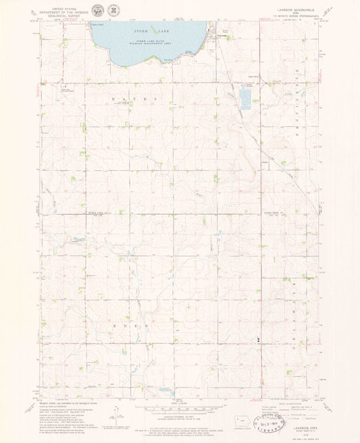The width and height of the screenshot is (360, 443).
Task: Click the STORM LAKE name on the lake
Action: (x=145, y=31)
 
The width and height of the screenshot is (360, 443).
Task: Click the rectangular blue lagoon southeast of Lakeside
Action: (x=244, y=100)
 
